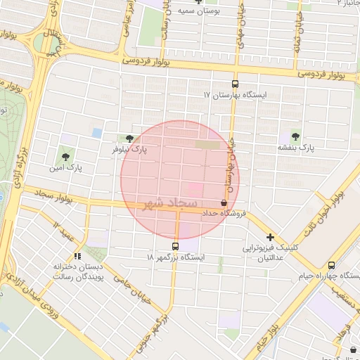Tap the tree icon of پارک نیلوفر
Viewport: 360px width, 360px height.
click(x=129, y=139)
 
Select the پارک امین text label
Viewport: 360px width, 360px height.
click(x=67, y=169)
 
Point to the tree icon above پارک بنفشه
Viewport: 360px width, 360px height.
click(x=295, y=137)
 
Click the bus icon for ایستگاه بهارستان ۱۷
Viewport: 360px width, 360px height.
click(x=235, y=83)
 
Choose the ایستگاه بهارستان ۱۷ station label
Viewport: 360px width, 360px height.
click(x=234, y=94)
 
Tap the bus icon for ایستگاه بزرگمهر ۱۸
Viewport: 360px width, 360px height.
click(x=174, y=246)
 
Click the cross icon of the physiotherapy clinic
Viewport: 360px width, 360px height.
click(x=270, y=237)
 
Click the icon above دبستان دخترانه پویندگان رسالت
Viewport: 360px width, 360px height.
click(x=77, y=256)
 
